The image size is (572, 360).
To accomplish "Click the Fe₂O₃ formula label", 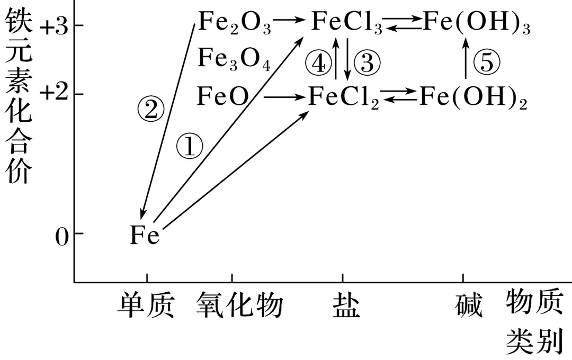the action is (234, 24).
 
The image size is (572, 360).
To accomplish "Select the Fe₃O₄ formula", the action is (234, 59).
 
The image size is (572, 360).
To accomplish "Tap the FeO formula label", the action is (223, 97).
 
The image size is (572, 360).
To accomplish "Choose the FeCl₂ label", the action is (344, 97).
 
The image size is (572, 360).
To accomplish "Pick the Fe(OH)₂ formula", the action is (473, 97).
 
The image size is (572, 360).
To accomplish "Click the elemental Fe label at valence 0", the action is (145, 235).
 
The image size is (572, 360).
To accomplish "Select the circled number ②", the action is (150, 110).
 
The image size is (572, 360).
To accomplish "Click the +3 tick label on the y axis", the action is (54, 27).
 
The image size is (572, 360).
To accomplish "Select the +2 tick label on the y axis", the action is (54, 94).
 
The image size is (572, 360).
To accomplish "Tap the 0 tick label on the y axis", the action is (62, 237).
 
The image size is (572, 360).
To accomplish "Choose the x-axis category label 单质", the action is (146, 305).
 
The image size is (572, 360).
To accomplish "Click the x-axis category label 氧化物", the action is (239, 305).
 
